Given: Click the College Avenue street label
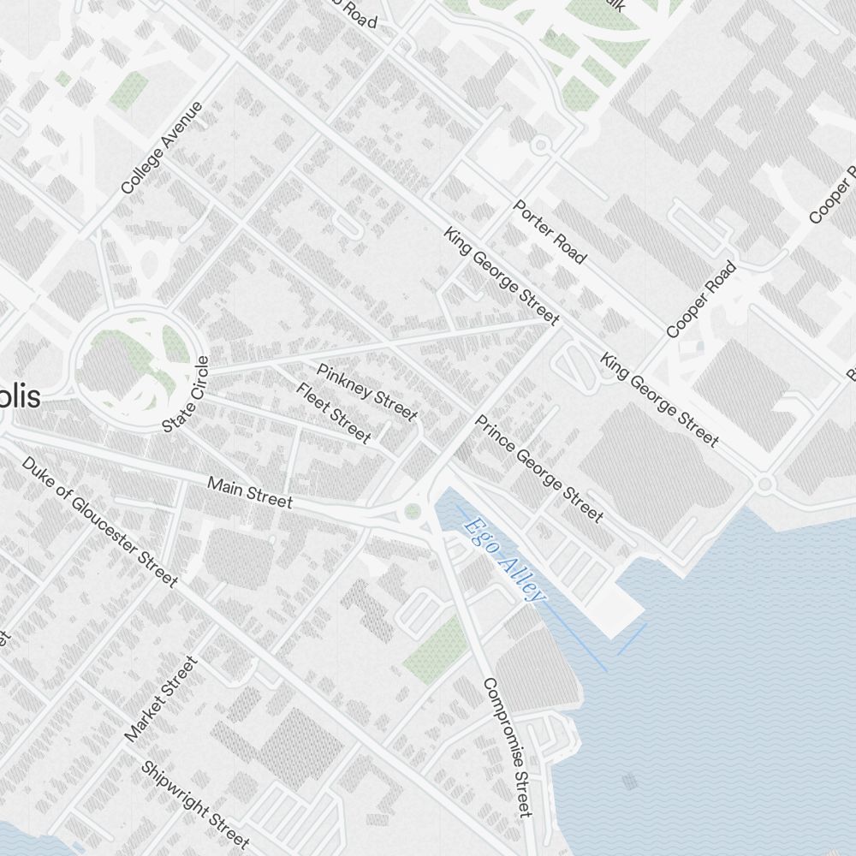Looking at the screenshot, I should coord(162,147).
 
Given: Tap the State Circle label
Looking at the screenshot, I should coord(186,394).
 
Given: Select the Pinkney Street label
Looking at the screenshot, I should coord(366,392).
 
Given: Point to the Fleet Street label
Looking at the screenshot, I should coord(333,413).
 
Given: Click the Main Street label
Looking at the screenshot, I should coord(250,492).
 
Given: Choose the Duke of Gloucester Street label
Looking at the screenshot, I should coord(99,521).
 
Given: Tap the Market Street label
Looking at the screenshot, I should coord(161,699).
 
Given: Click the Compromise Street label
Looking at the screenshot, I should coord(508,746).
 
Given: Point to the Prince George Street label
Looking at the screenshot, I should coord(539,468).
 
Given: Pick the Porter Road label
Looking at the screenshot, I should coord(550,232).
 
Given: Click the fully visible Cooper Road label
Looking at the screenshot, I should coord(701,300).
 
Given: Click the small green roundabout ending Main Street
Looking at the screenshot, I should coord(413,512).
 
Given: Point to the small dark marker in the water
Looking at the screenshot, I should coord(630,780).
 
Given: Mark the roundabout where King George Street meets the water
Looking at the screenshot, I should coord(764,484).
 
